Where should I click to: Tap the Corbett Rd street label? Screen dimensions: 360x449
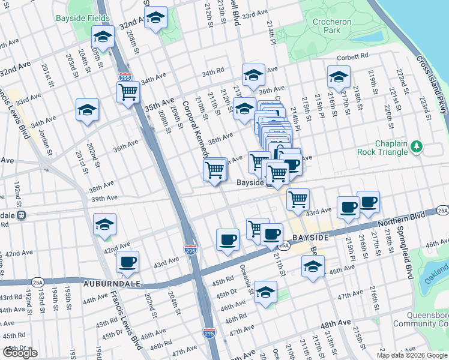352,57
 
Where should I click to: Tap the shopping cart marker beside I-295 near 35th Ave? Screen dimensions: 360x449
128,93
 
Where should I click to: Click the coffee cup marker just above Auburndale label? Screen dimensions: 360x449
127,262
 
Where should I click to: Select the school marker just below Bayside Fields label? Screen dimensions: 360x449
103,38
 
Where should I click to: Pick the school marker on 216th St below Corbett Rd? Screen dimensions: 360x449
339,77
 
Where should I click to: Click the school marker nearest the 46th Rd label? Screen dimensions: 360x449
265,292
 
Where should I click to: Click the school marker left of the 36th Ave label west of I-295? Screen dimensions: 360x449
87,110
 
